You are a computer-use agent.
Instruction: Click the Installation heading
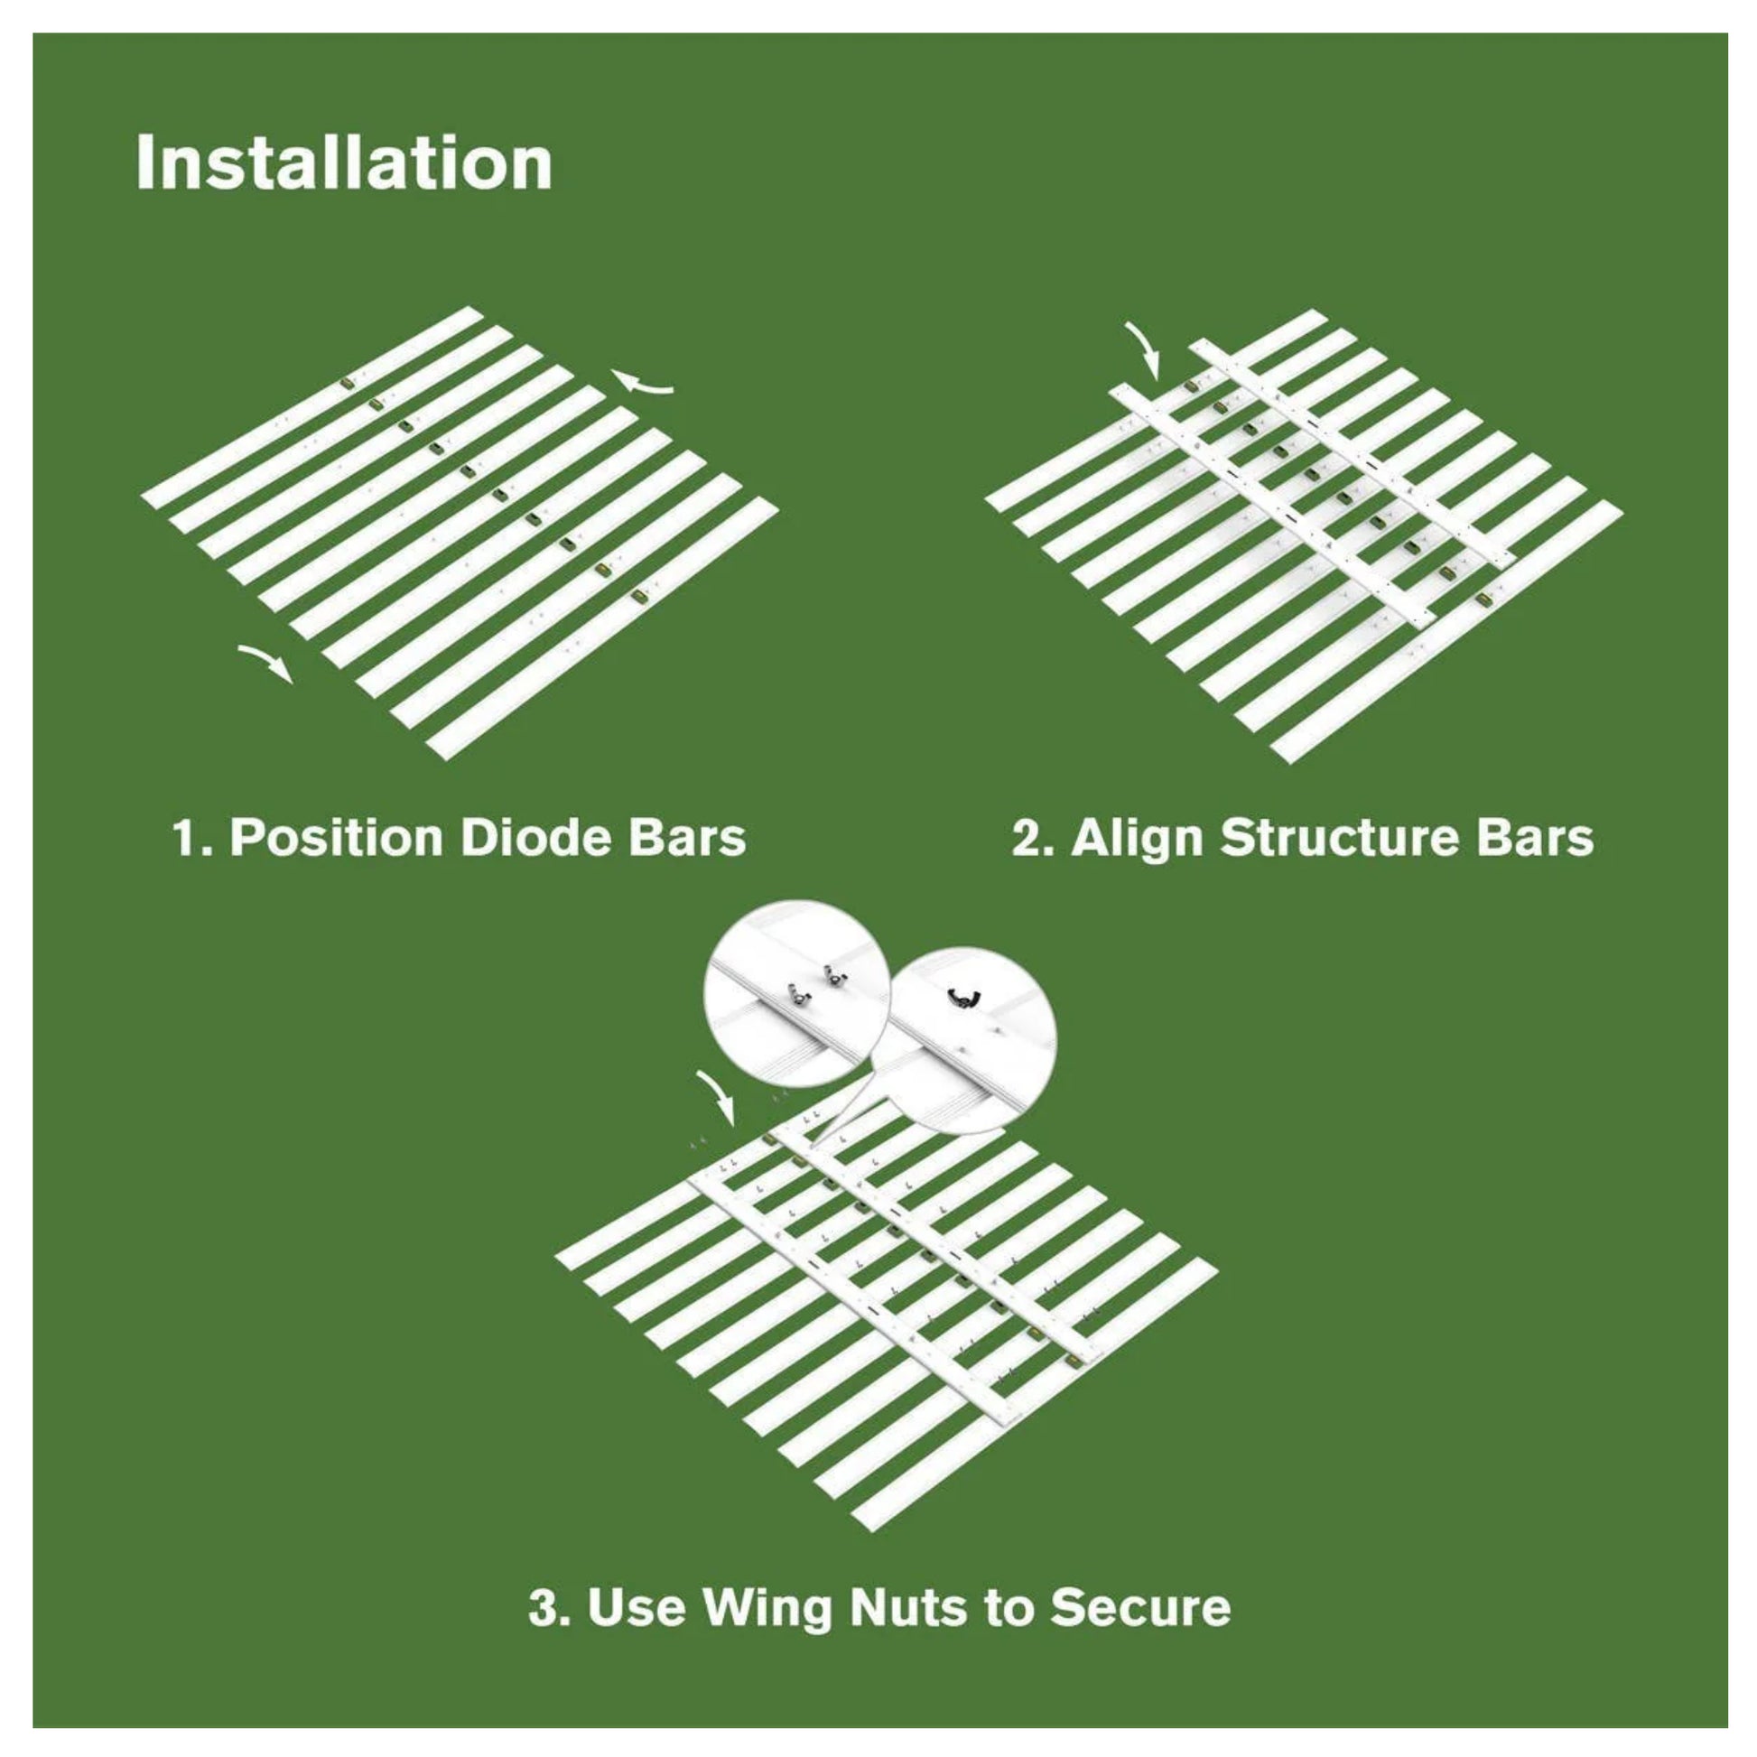344,163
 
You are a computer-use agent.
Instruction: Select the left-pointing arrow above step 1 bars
642,384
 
